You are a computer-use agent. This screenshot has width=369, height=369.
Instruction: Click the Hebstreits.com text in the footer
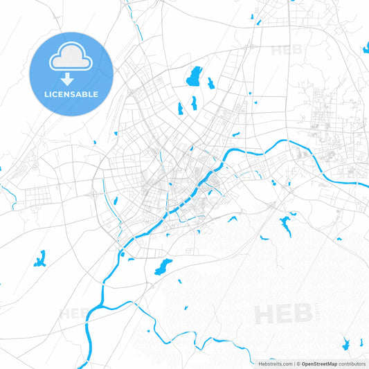(275, 363)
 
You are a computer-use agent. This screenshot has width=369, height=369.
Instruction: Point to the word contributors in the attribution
(352, 363)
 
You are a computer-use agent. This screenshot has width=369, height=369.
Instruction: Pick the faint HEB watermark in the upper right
(286, 50)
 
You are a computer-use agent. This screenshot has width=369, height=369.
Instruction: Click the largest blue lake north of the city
(193, 75)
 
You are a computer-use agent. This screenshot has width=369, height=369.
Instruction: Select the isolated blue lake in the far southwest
(39, 259)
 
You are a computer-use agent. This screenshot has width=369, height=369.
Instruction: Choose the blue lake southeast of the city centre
(285, 225)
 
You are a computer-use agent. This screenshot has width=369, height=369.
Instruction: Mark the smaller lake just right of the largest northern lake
(210, 83)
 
